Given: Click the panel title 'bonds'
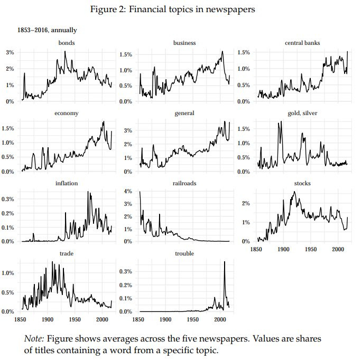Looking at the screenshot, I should [x=67, y=43].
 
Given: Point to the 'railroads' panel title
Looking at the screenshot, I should [x=184, y=183].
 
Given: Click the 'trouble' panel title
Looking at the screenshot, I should [x=184, y=253].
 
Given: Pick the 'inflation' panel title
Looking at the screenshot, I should [x=67, y=183].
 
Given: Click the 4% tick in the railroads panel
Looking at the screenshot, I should [x=127, y=191].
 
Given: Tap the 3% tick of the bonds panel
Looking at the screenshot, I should [x=10, y=52].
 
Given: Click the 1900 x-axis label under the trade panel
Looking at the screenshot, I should [x=48, y=319].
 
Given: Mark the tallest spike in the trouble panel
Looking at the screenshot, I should [x=225, y=262].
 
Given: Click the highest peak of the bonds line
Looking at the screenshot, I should [x=65, y=51].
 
